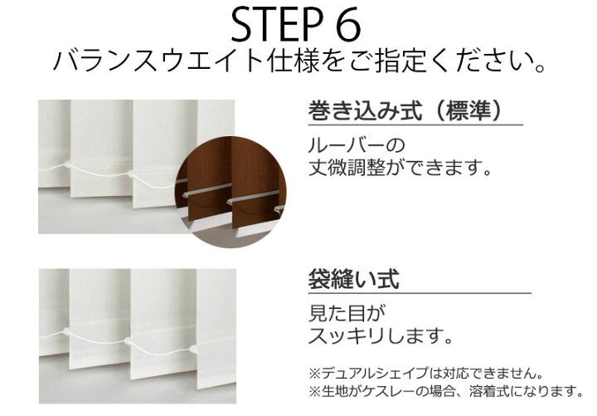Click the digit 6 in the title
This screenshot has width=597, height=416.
[x=348, y=26]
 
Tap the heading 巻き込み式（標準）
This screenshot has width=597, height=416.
[x=405, y=110]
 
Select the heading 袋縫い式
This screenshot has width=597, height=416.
[x=354, y=279]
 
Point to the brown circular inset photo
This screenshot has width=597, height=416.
[x=231, y=192]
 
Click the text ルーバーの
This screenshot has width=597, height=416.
[x=357, y=145]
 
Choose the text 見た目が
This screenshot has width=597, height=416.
[x=347, y=313]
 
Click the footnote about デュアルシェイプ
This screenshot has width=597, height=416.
[x=425, y=374]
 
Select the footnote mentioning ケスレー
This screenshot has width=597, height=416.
[x=446, y=391]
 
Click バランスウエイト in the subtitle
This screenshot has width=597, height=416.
[x=158, y=61]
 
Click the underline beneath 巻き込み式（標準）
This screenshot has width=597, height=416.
[x=415, y=125]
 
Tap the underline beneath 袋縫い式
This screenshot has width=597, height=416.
[x=420, y=293]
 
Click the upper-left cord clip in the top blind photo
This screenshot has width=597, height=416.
[x=67, y=165]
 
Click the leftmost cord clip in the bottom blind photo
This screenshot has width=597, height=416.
[x=66, y=331]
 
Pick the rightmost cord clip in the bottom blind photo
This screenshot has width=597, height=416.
[x=193, y=348]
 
